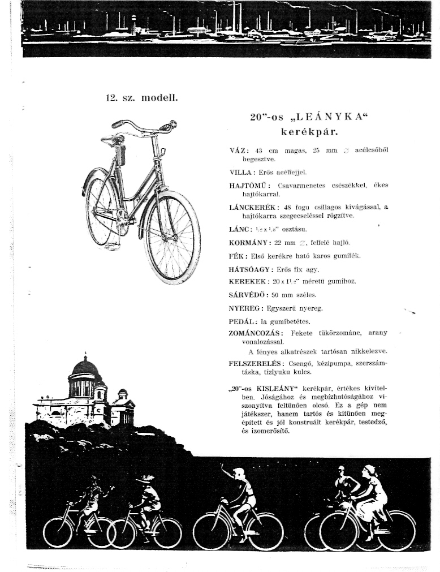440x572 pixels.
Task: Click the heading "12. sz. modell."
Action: (x=142, y=98)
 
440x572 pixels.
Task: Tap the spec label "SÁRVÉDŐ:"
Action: (x=248, y=295)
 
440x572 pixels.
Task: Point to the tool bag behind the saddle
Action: (x=119, y=153)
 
